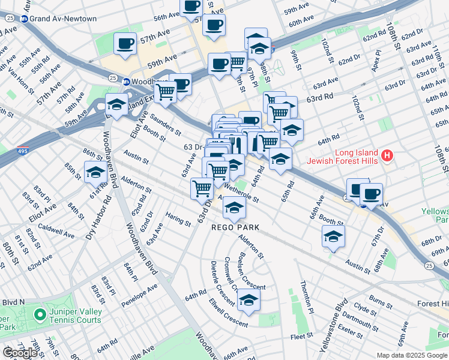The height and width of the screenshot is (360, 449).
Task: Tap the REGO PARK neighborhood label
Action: click(x=235, y=227)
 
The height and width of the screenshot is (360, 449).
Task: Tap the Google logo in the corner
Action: click(x=20, y=352)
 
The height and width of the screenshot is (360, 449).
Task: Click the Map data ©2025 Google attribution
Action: click(x=412, y=355)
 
